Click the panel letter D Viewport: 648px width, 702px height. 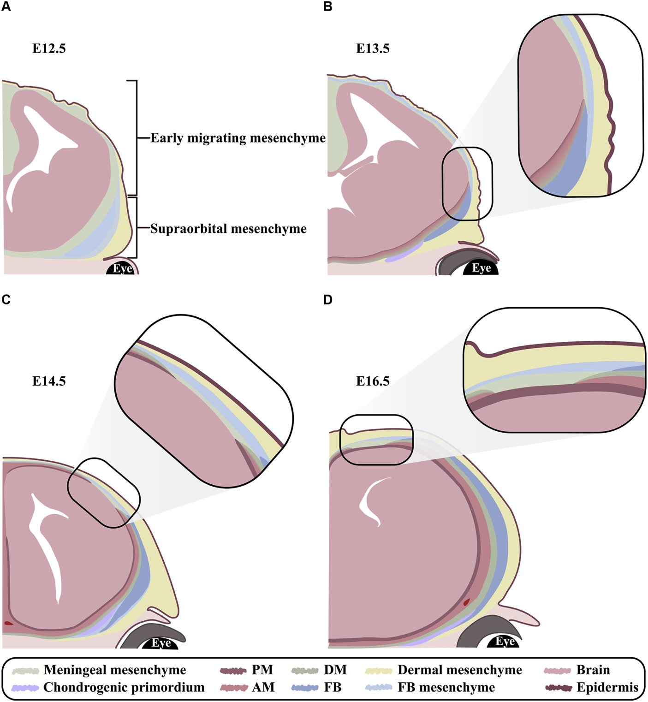328,300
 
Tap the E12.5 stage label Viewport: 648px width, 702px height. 49,49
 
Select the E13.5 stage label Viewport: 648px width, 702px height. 373,49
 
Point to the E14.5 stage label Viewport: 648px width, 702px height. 49,381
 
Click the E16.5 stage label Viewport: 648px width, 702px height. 373,381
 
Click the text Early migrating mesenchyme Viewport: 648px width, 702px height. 238,138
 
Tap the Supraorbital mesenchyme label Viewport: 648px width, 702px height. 228,229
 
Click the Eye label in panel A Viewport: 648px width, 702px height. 123,269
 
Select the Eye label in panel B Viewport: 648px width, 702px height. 482,268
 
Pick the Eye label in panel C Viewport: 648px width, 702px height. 161,643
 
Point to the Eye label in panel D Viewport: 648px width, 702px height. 505,641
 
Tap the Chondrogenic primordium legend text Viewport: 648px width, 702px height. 124,687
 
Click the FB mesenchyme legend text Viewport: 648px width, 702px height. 446,687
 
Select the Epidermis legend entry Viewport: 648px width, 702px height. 607,687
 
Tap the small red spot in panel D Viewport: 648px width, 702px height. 466,602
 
